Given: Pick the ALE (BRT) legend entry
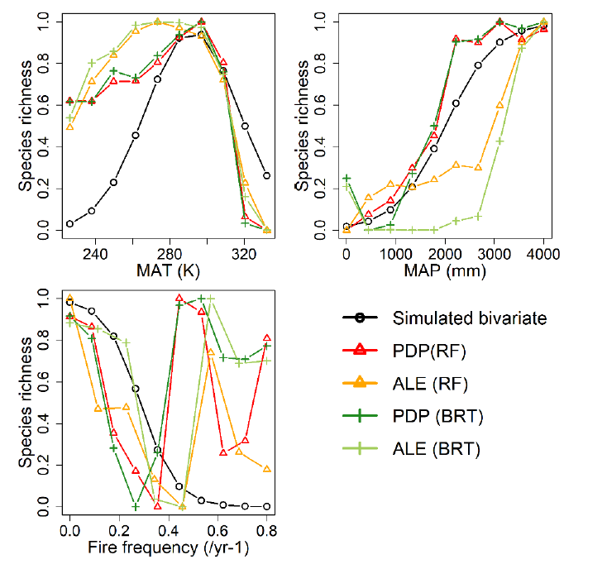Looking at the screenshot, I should point(437,450).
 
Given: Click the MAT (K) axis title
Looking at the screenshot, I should point(170,270).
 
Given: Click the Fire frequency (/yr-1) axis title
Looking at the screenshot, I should point(170,548).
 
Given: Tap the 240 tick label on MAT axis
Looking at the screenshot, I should point(96,252).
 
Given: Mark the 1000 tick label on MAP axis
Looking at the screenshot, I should point(395,252).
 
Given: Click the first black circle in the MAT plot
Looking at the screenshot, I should point(70,223).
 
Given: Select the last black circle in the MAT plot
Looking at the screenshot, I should point(266,175).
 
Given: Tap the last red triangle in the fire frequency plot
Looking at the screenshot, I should point(267,337).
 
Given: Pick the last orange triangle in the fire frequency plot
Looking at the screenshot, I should point(267,469).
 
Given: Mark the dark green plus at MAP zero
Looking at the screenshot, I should point(347,178).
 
